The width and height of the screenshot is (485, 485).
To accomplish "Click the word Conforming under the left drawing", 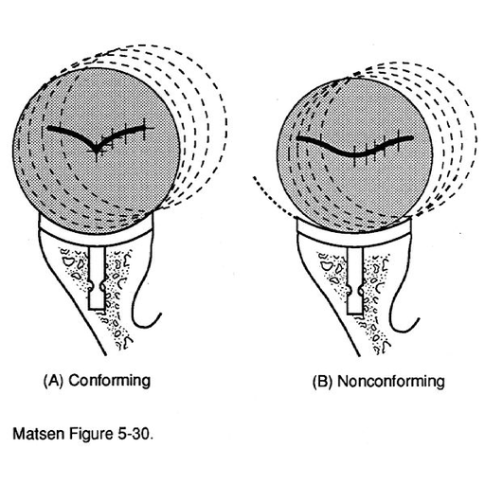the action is (110, 381).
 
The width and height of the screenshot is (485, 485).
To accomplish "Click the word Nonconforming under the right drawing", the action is (391, 382).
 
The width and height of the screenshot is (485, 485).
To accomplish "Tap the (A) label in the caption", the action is (54, 381).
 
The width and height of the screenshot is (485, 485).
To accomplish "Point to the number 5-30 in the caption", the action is (135, 434).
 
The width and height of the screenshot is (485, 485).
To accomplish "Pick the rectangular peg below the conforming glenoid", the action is (97, 278).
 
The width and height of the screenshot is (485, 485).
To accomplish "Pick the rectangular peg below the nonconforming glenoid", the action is (355, 283).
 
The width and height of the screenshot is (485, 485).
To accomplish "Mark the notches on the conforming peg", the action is (97, 285).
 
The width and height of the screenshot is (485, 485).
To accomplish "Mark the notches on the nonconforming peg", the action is (355, 290).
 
